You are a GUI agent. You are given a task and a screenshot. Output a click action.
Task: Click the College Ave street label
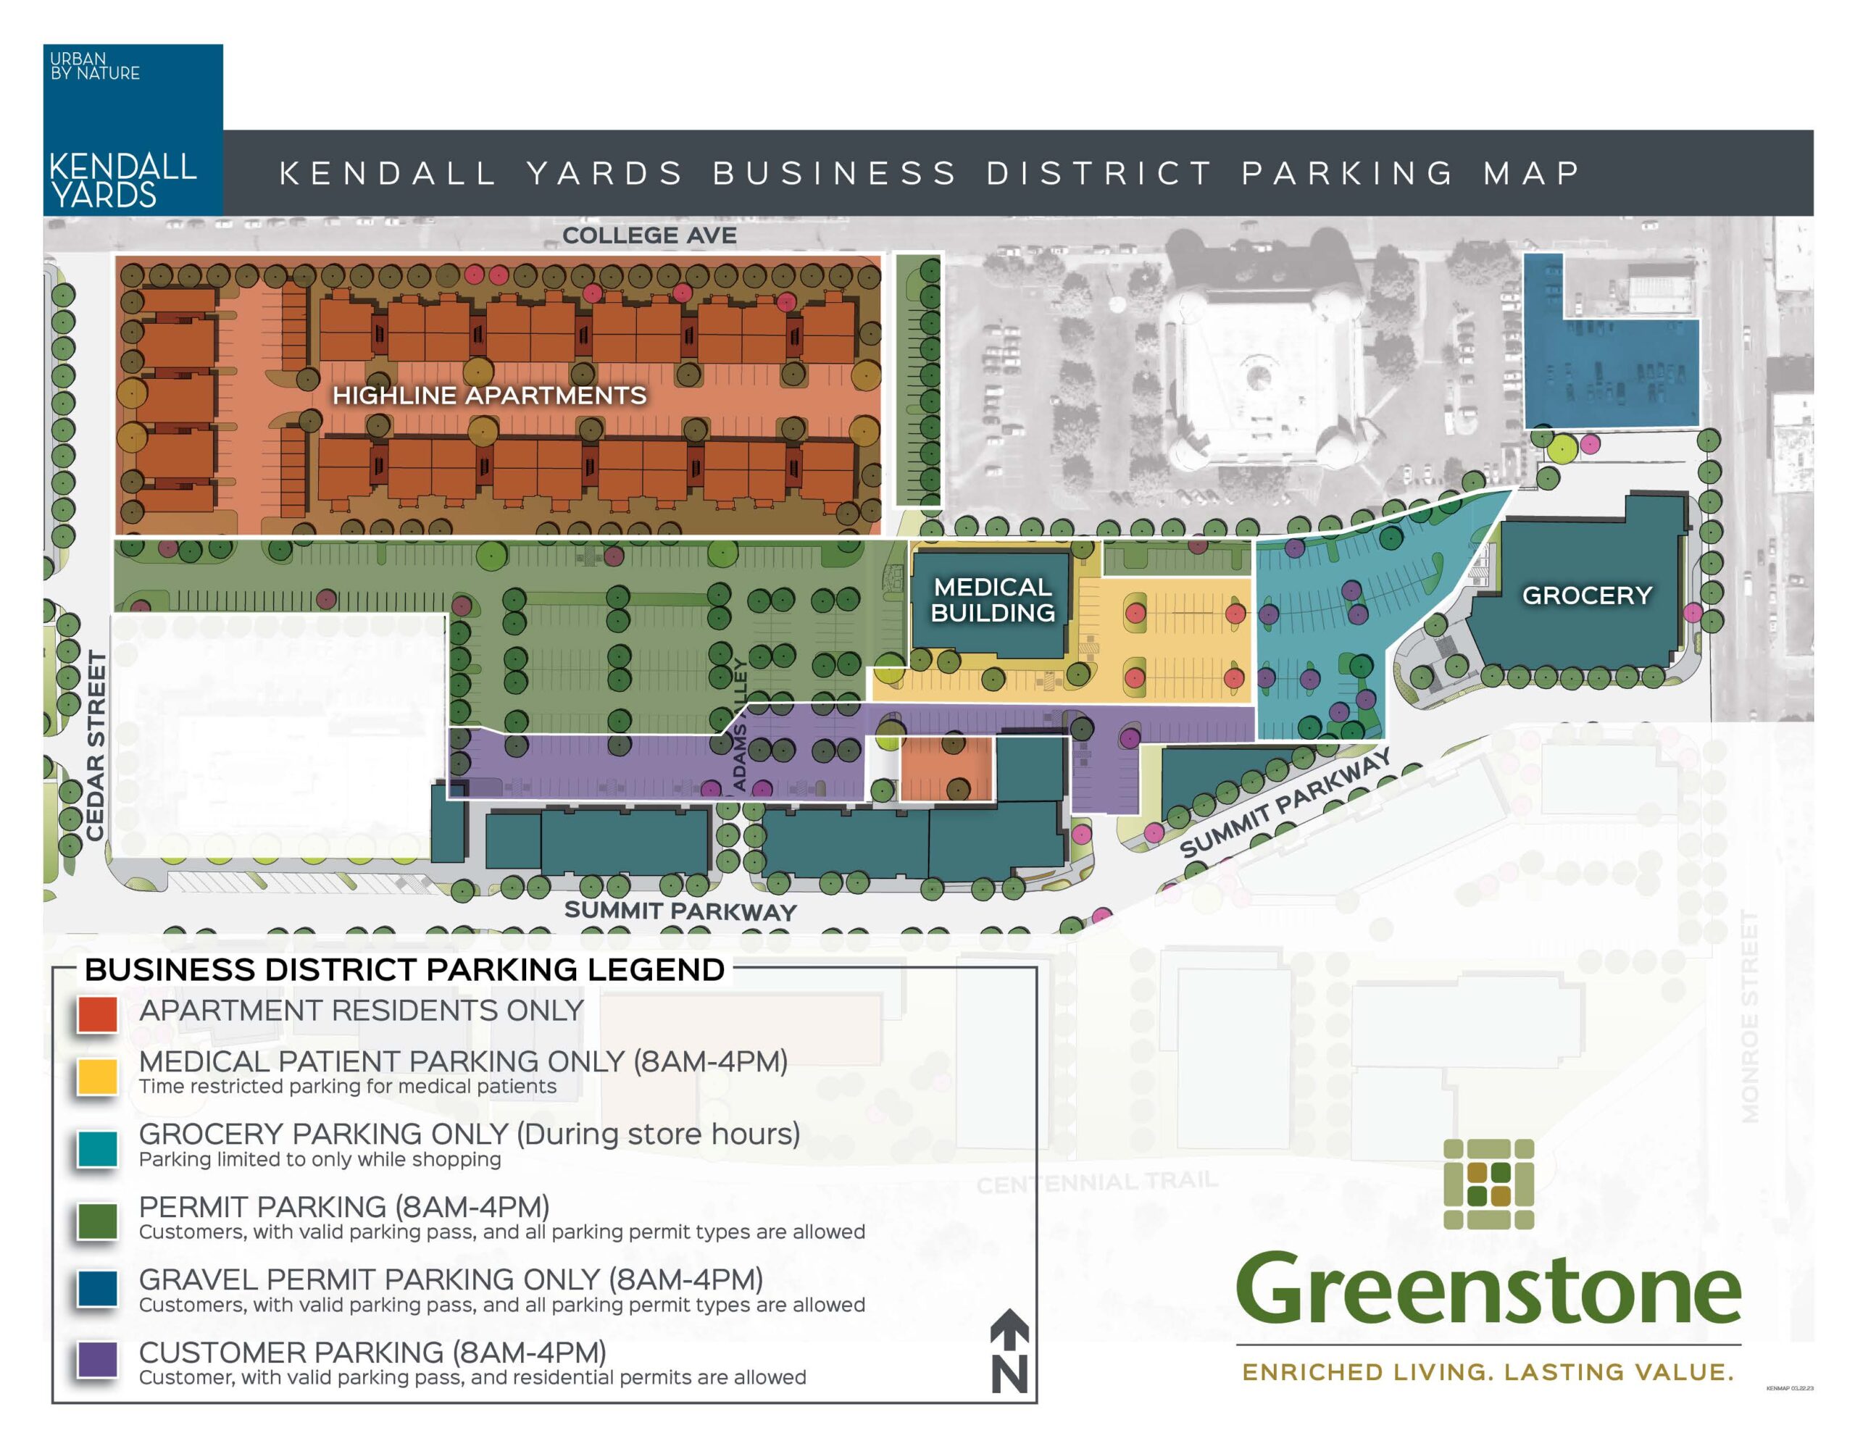(x=649, y=235)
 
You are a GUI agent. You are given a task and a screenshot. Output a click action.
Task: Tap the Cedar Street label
(x=96, y=745)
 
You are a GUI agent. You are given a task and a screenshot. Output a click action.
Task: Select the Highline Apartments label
(x=489, y=395)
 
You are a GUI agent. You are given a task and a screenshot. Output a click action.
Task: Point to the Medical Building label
(x=992, y=600)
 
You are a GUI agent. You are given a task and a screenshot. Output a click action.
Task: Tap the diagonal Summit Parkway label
(x=1284, y=803)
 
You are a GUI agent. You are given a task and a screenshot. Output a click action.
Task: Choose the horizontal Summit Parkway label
(x=680, y=911)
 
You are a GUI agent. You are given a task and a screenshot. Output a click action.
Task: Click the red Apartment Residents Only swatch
(x=97, y=1014)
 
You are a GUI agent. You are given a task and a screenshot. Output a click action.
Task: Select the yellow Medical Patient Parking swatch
(x=97, y=1077)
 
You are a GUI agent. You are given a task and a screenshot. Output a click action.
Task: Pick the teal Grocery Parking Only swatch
(x=97, y=1149)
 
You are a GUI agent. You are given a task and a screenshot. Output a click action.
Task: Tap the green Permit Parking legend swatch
(x=97, y=1221)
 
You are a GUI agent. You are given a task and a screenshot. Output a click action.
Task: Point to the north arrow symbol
(x=1009, y=1350)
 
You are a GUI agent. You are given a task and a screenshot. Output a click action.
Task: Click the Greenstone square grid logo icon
(x=1488, y=1184)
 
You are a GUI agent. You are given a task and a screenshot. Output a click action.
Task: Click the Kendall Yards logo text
(x=122, y=180)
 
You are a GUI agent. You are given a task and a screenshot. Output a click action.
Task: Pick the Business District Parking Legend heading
(x=404, y=969)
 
